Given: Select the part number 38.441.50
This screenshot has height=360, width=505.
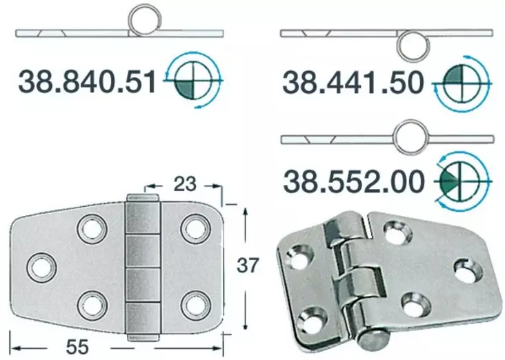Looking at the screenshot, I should [x=352, y=83].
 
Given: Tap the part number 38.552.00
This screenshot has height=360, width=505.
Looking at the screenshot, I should [x=352, y=183].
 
